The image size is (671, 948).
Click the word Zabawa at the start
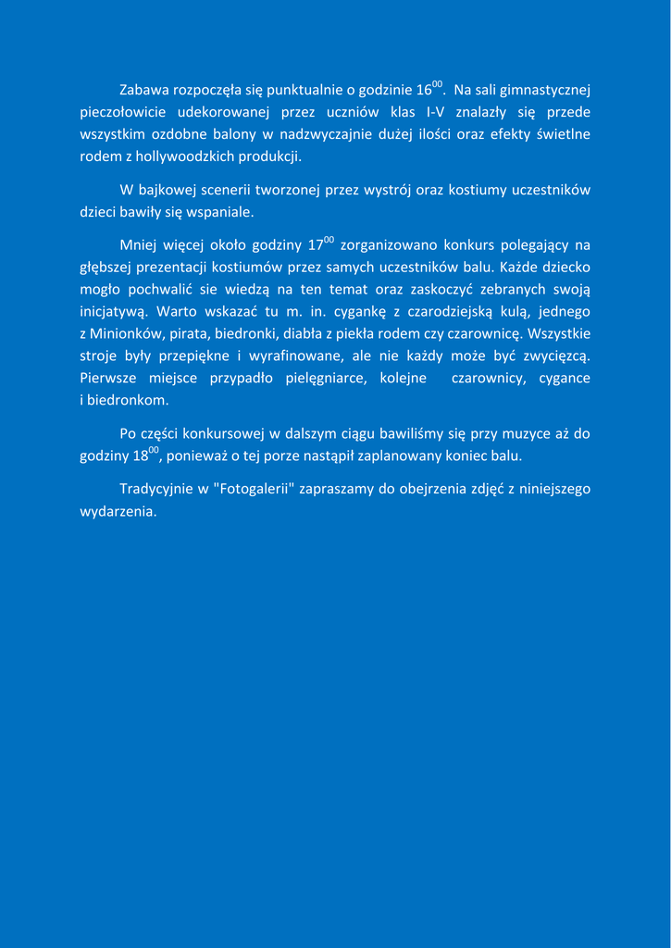tap(144, 91)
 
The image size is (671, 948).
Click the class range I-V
tap(435, 113)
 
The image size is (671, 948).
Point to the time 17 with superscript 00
tap(319, 245)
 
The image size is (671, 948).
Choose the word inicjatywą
tap(114, 312)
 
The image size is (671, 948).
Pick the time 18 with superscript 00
tap(146, 455)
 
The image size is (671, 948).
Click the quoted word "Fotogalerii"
tap(247, 489)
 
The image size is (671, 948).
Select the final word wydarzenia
tap(118, 511)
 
